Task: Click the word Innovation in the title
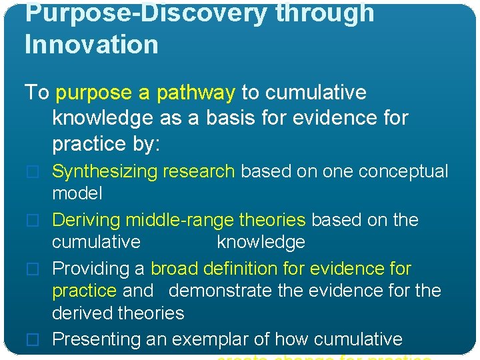coord(91,45)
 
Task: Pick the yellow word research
coord(203,171)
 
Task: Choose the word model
coord(77,193)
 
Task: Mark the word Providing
coord(91,269)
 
